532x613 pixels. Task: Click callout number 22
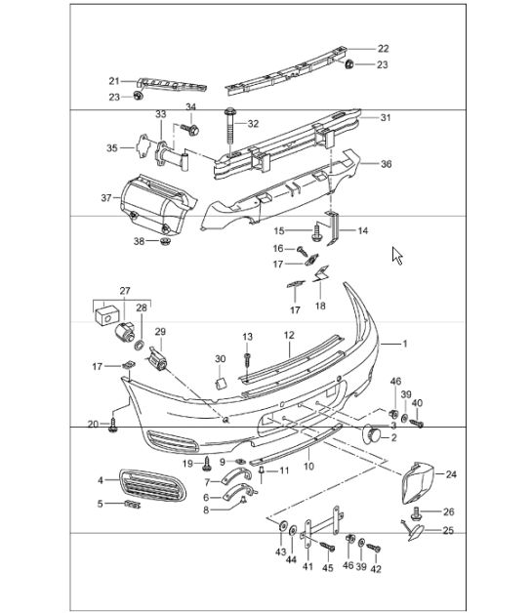pyautogui.click(x=383, y=49)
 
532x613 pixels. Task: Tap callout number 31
pyautogui.click(x=386, y=117)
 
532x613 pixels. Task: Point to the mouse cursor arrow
pyautogui.click(x=397, y=256)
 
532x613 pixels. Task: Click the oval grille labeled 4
pyautogui.click(x=152, y=485)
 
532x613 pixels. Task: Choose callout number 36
pyautogui.click(x=386, y=163)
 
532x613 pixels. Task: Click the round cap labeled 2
pyautogui.click(x=372, y=434)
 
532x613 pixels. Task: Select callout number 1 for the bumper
pyautogui.click(x=405, y=344)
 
